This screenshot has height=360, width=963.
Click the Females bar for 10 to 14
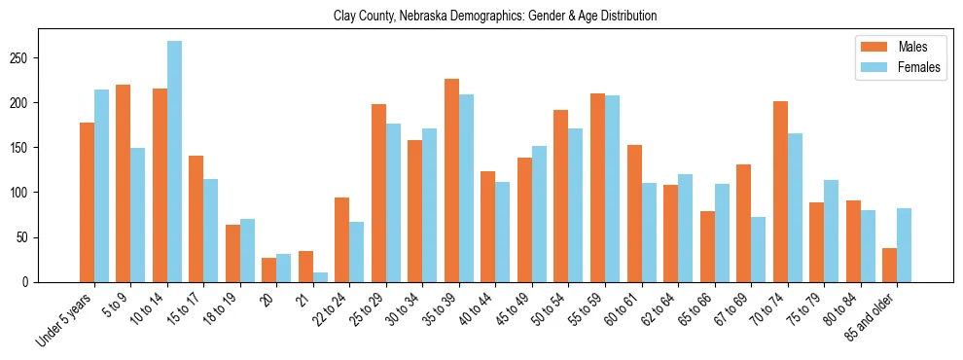[x=174, y=162]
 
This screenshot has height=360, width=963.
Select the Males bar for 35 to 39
[x=451, y=181]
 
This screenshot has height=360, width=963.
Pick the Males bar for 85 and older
[x=889, y=265]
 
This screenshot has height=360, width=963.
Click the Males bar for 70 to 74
[x=780, y=192]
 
